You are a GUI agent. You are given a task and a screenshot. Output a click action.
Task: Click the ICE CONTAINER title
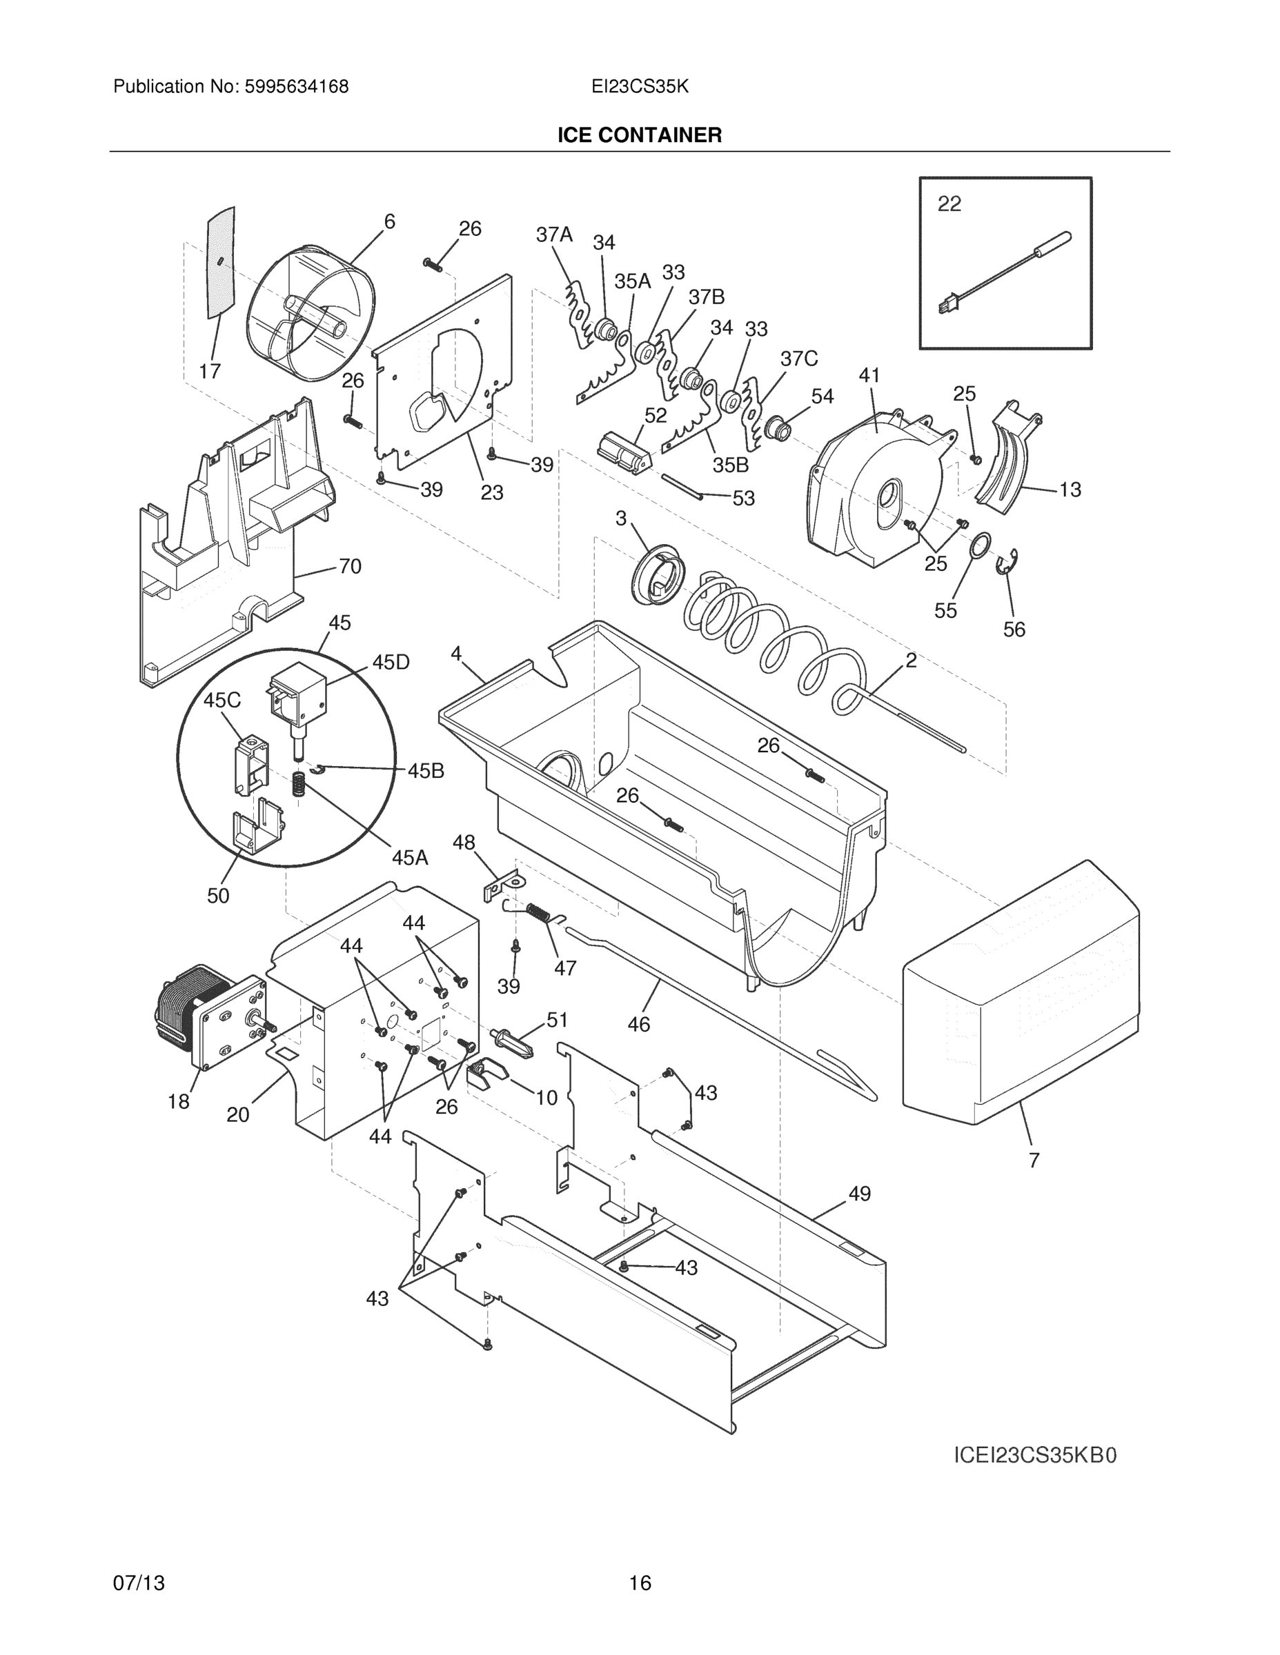coord(639,136)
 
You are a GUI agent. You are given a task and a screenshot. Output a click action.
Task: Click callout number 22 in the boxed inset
coord(949,204)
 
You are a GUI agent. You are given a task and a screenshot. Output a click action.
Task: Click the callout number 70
coord(350,566)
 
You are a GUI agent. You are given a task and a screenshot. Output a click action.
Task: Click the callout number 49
coord(859,1194)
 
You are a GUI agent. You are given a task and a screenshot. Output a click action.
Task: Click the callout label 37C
coord(798,359)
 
